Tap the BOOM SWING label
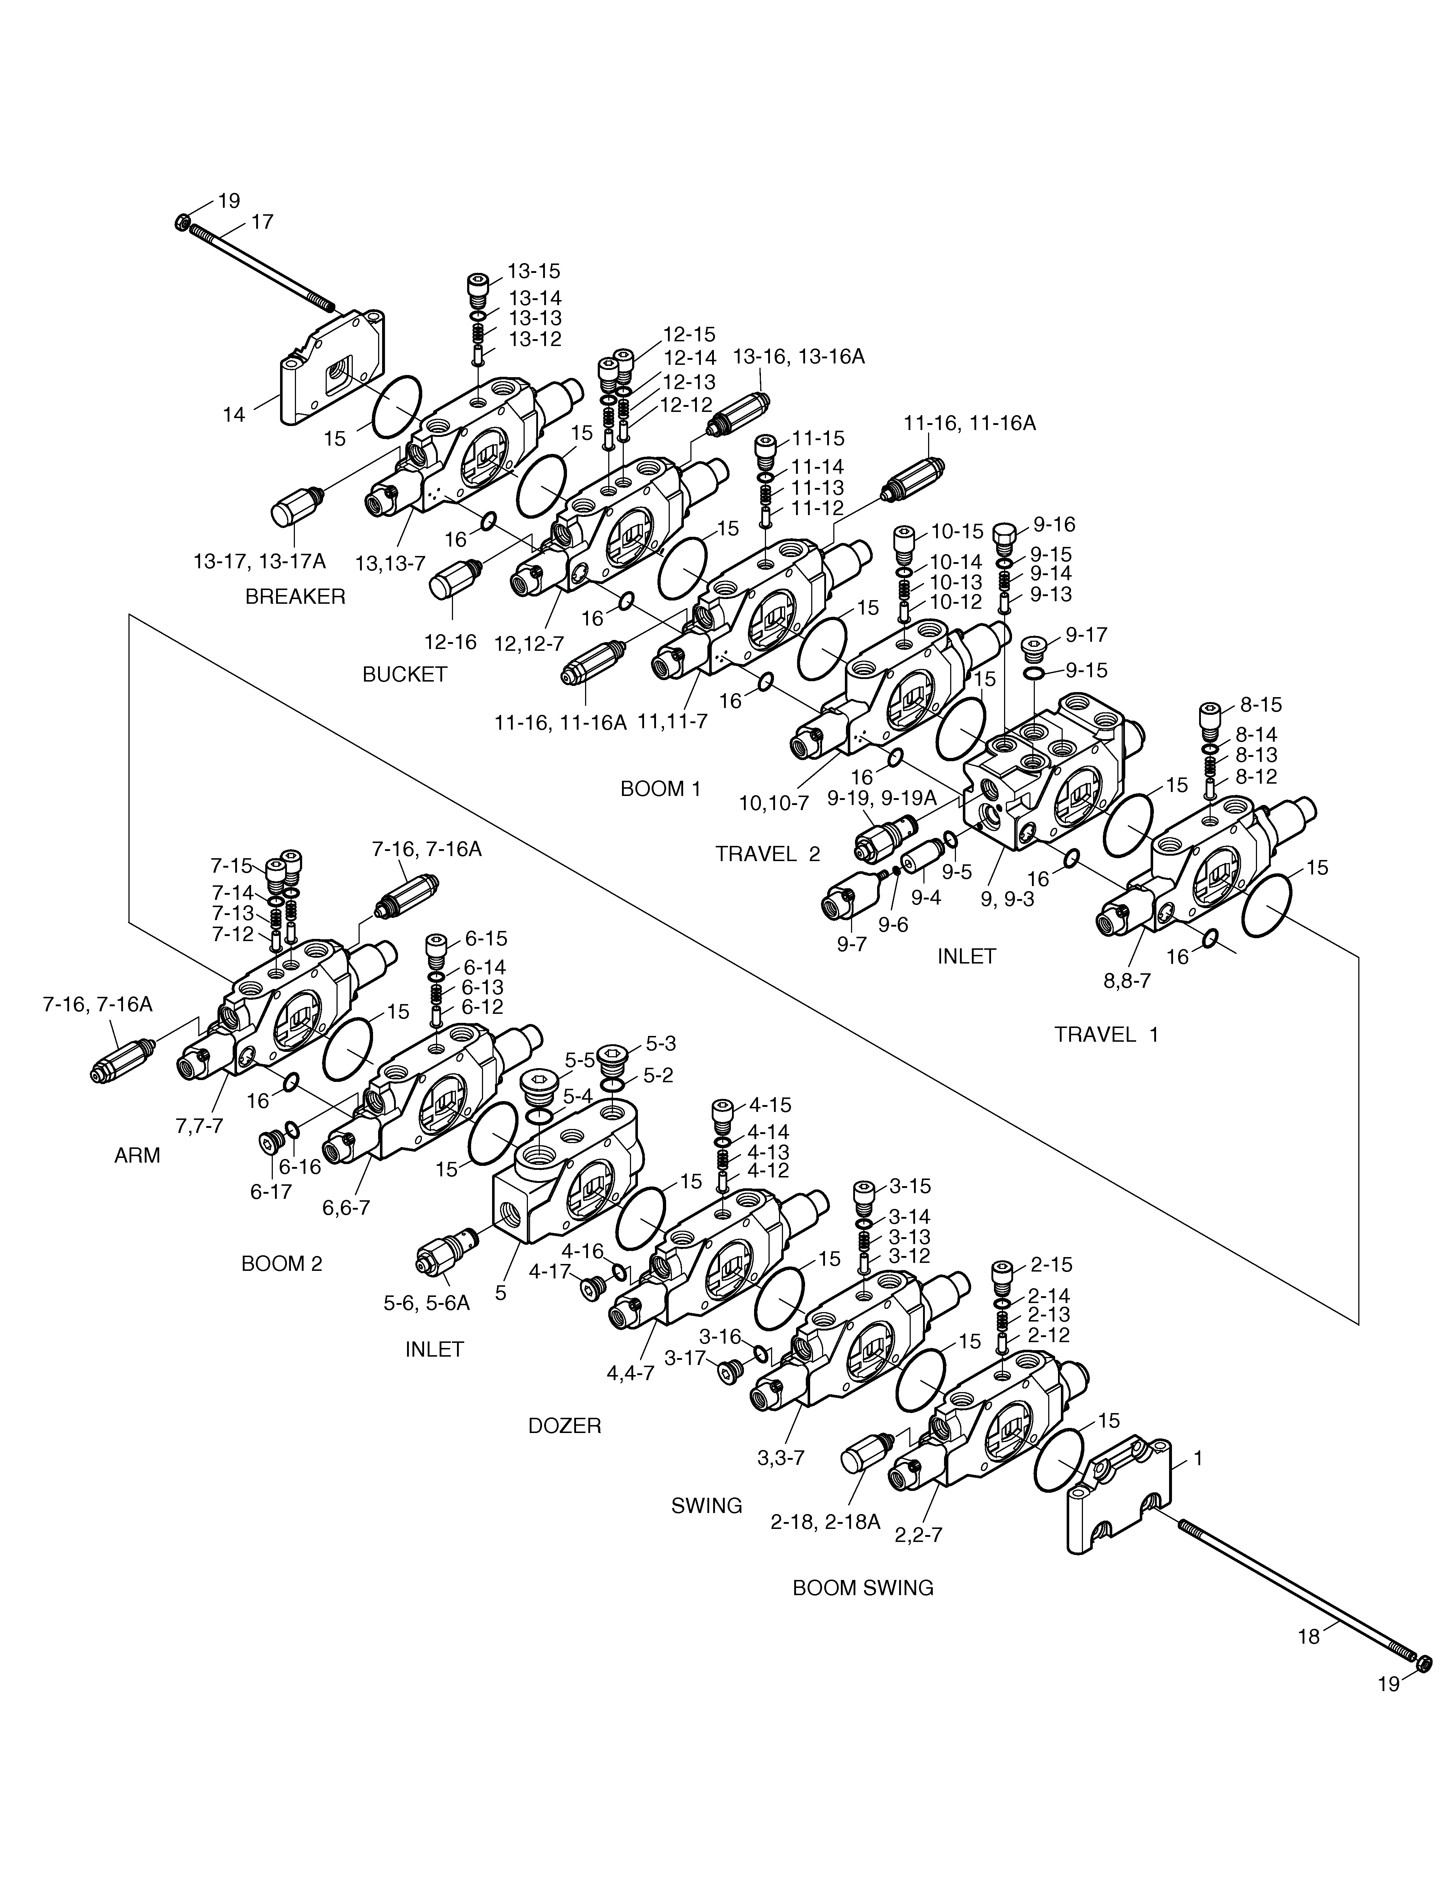pyautogui.click(x=863, y=1587)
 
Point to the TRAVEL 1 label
pyautogui.click(x=1107, y=1034)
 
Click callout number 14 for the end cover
pyautogui.click(x=234, y=415)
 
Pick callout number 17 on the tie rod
pyautogui.click(x=262, y=222)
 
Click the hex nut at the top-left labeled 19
pyautogui.click(x=182, y=222)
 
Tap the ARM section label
pyautogui.click(x=137, y=1155)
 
